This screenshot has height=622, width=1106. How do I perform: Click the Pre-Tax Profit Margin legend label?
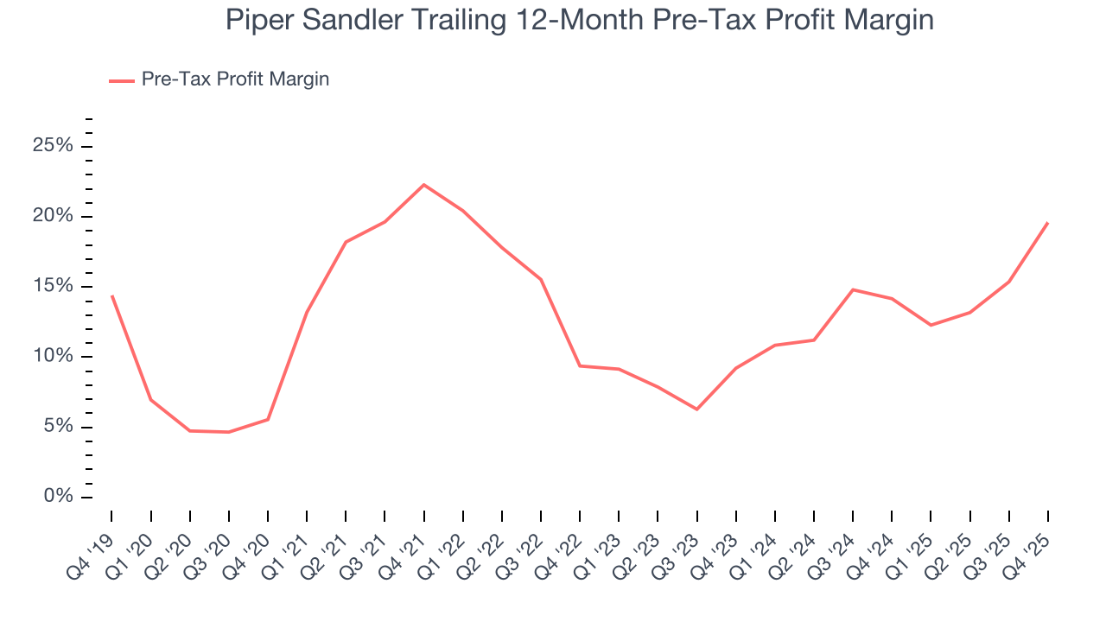pyautogui.click(x=235, y=79)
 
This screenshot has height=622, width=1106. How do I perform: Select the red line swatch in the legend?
pyautogui.click(x=121, y=80)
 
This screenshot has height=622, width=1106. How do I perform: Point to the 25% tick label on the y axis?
pyautogui.click(x=53, y=146)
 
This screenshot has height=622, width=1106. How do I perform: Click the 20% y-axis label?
pyautogui.click(x=53, y=216)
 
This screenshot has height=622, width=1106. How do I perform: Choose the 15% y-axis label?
pyautogui.click(x=53, y=287)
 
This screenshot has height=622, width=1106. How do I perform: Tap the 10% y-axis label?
pyautogui.click(x=53, y=357)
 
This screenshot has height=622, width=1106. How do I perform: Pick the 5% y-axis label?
pyautogui.click(x=57, y=427)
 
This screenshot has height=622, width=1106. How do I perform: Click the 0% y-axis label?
pyautogui.click(x=57, y=498)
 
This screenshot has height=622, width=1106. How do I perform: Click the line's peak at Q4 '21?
pyautogui.click(x=424, y=185)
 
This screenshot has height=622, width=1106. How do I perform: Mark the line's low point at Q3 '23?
pyautogui.click(x=696, y=409)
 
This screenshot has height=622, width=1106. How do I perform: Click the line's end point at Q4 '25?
pyautogui.click(x=1047, y=223)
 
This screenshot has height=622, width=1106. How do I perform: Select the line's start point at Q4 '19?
pyautogui.click(x=112, y=296)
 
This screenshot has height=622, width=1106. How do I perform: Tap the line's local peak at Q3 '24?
pyautogui.click(x=853, y=289)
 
